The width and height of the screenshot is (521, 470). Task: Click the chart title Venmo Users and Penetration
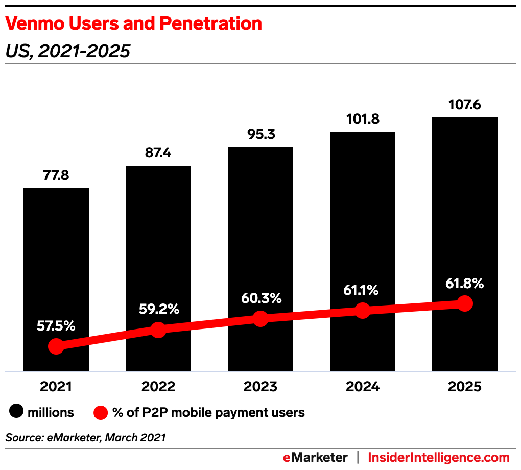pos(133,24)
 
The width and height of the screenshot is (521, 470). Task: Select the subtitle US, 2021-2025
pos(67,51)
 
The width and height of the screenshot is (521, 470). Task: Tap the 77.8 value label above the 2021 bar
pos(56,176)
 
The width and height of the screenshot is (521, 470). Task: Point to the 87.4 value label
pos(158,153)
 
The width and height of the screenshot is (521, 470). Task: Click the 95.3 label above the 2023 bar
pos(260,135)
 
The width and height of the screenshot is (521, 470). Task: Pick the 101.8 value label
pos(363,120)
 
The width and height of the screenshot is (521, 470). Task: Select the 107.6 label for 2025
pos(465,105)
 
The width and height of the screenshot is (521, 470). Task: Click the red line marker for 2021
pos(56,346)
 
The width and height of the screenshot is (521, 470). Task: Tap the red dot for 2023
pos(260,319)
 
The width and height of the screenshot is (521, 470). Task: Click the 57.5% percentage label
pos(56,326)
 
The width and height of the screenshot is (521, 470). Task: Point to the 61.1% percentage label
pos(361,290)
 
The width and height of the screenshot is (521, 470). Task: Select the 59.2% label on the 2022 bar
pos(158,309)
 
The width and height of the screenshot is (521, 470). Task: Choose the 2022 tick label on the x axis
pos(158,387)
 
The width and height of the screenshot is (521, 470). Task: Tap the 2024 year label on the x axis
pos(363,387)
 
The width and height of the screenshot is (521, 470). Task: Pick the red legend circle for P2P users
pos(100,412)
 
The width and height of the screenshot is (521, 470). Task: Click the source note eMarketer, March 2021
pos(86,437)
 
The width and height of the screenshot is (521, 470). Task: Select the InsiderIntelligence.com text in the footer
pos(439,457)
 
